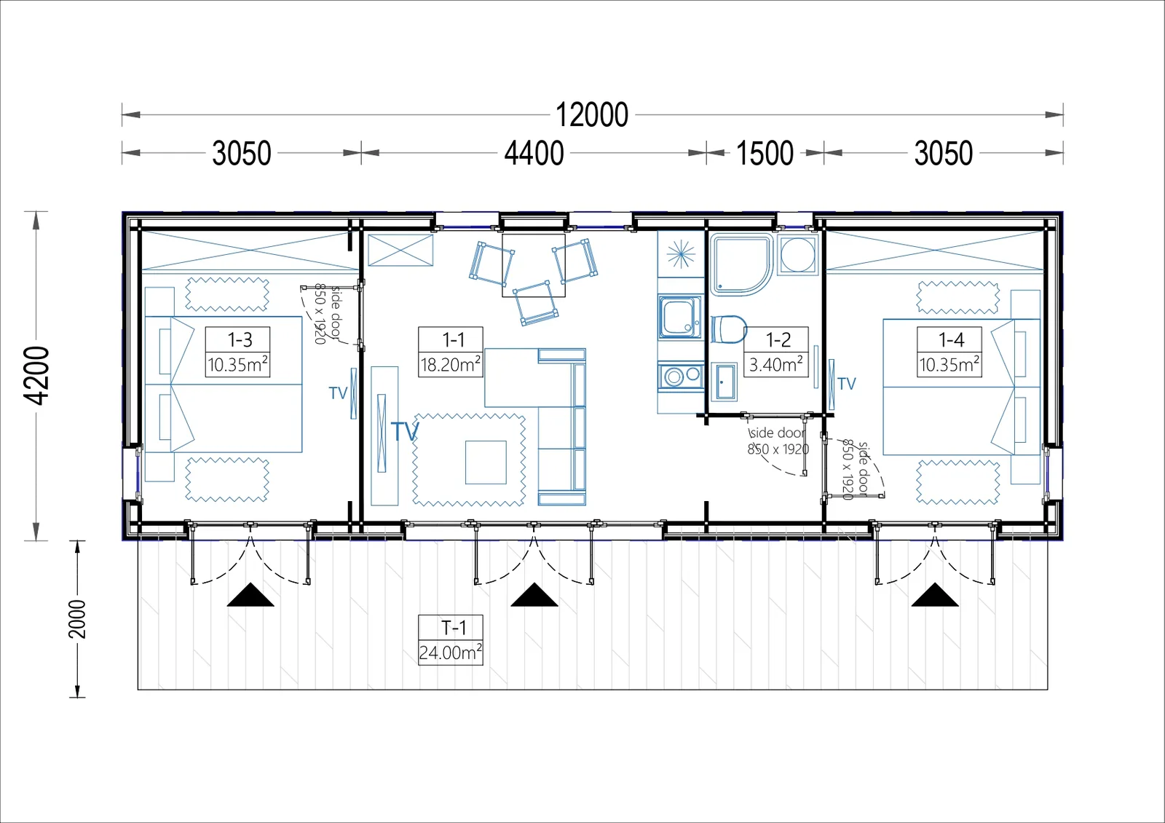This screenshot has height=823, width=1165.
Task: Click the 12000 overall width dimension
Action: pos(592,115)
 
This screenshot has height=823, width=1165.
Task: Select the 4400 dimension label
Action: pos(534,153)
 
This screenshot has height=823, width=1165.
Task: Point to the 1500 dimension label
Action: pos(765,153)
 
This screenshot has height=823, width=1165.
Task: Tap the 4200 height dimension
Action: pos(36,376)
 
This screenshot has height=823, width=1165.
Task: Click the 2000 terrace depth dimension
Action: pos(77,619)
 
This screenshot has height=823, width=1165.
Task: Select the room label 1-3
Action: pos(240,339)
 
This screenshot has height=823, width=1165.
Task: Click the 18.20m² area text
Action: pos(451,364)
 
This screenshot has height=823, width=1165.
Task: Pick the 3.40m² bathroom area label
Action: pos(776,364)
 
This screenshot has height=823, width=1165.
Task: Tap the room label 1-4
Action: pos(951,339)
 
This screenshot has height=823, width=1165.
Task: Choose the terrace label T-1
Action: pos(454,628)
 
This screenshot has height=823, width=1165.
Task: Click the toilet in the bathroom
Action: pos(729,329)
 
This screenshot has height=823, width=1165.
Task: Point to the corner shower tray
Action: pos(741,265)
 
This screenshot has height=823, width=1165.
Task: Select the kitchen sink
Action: pos(680,318)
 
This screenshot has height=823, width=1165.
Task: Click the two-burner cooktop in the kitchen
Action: pos(681,376)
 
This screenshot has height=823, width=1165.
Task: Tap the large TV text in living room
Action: pos(405,431)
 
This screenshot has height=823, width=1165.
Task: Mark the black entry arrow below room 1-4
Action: pos(935,594)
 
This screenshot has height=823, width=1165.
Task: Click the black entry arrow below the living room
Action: pos(534,594)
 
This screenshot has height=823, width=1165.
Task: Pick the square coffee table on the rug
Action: pos(486,462)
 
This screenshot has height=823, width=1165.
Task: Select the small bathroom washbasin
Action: pos(724,382)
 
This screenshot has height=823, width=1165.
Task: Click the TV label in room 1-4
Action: pos(847,384)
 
